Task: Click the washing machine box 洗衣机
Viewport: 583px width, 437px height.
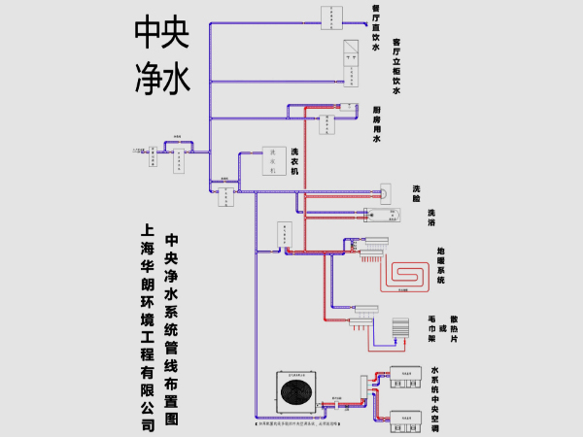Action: click(277, 161)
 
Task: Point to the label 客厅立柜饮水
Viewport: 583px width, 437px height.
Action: click(396, 65)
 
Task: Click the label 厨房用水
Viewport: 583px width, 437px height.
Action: click(376, 125)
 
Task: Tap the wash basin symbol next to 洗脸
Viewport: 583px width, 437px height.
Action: click(385, 191)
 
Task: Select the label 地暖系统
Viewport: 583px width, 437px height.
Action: click(440, 265)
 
